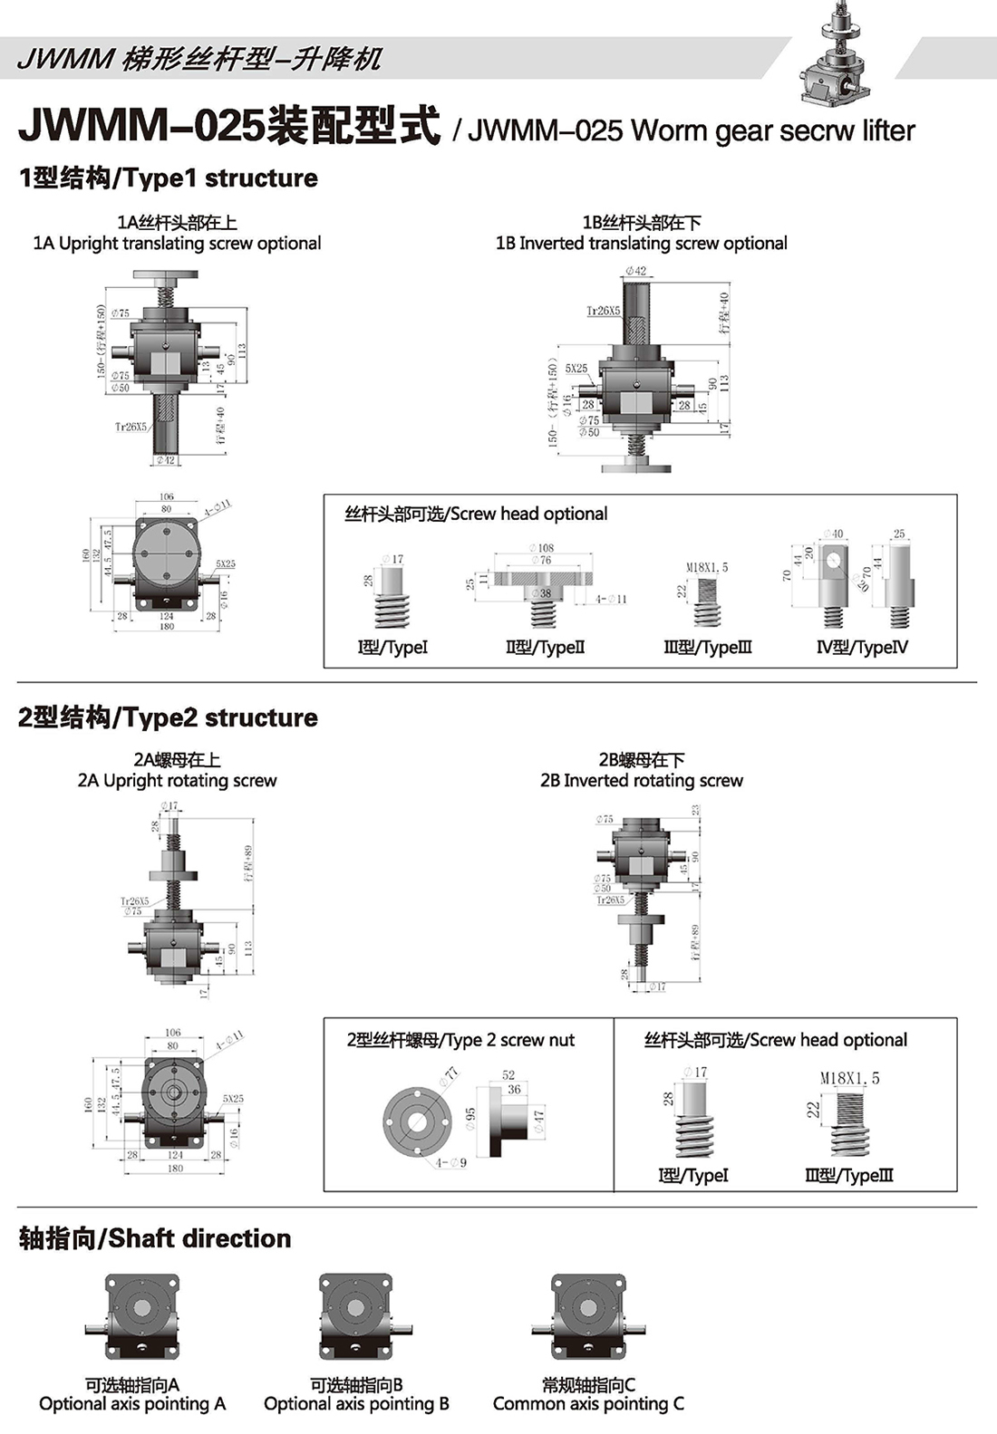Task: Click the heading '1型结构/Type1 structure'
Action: pos(169,178)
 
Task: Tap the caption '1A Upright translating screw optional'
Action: pos(177,243)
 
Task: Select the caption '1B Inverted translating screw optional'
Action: pos(641,243)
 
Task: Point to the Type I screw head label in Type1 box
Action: pos(392,648)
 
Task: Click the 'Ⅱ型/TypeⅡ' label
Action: pos(546,648)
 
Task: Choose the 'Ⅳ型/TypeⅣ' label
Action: pos(862,648)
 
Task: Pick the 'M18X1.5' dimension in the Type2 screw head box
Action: pos(849,1079)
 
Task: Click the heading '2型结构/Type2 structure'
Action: pos(169,718)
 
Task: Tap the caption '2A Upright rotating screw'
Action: pos(177,781)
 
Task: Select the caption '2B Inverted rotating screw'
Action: pos(641,781)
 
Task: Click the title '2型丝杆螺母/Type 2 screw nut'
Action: pos(460,1040)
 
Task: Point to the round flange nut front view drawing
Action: pos(419,1121)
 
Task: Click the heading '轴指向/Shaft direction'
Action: pos(155,1238)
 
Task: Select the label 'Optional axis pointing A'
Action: pos(132,1404)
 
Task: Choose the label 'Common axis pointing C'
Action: pos(588,1404)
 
